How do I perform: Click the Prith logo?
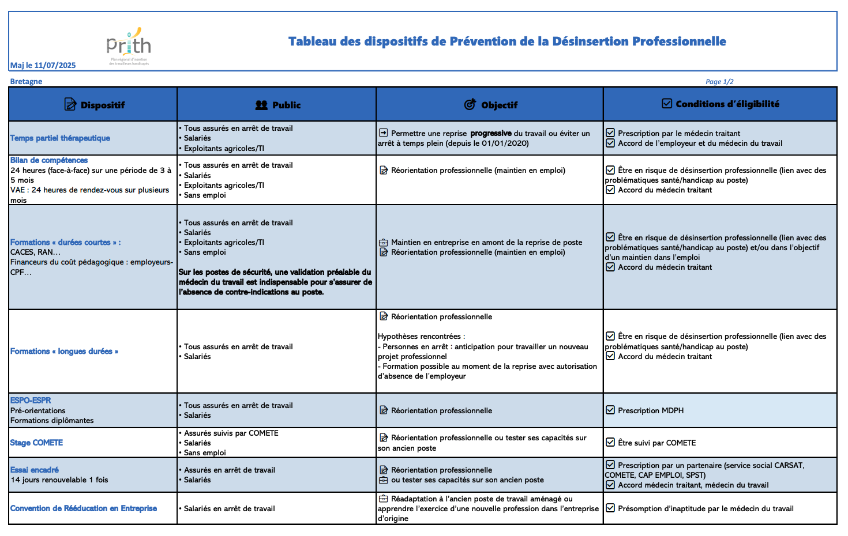point(129,46)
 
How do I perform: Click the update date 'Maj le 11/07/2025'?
point(43,65)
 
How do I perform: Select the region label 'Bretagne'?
point(26,81)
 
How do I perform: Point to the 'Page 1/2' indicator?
point(719,82)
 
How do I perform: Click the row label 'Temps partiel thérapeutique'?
point(60,138)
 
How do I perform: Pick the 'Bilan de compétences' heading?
point(49,160)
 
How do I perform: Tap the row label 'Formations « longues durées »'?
point(64,351)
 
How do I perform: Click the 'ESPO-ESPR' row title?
point(31,400)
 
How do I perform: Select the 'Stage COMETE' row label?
point(36,443)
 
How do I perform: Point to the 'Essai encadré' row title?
point(35,470)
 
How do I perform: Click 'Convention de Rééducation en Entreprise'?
point(84,508)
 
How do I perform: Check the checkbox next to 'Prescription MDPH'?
point(610,410)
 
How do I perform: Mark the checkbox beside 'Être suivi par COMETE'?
point(610,442)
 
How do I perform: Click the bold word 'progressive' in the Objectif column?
point(490,133)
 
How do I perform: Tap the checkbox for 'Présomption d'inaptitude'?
point(610,508)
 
